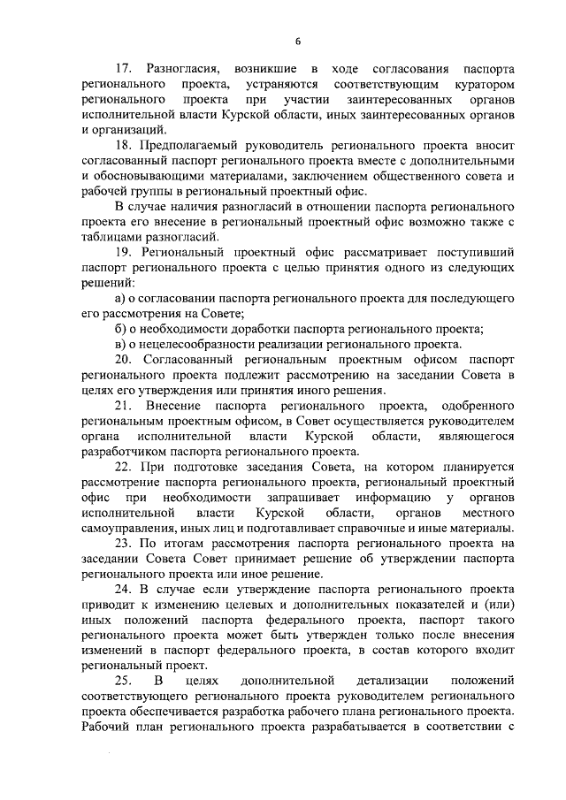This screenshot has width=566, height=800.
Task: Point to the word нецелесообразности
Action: pyautogui.click(x=195, y=345)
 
